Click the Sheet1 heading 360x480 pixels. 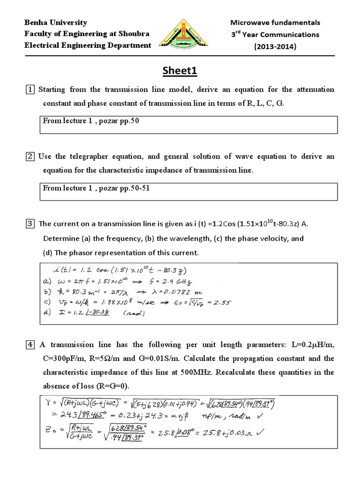coord(180,71)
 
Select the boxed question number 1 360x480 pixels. coord(30,90)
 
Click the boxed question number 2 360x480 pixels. coord(30,157)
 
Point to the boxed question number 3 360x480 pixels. coord(30,224)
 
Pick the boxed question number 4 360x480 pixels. coord(30,345)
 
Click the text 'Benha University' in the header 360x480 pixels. coord(56,22)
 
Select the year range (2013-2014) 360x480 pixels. coord(274,46)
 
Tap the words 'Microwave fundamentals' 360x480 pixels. coord(275,22)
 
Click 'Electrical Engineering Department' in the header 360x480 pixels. coord(88,45)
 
